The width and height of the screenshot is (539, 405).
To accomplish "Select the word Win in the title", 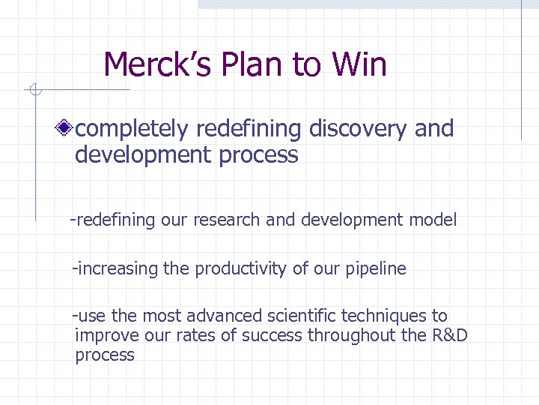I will pos(362,64).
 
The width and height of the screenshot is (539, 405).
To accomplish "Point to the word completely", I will pos(132,129).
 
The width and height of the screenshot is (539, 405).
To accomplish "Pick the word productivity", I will pos(240,268).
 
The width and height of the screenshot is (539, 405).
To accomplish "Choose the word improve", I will pos(104,335).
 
